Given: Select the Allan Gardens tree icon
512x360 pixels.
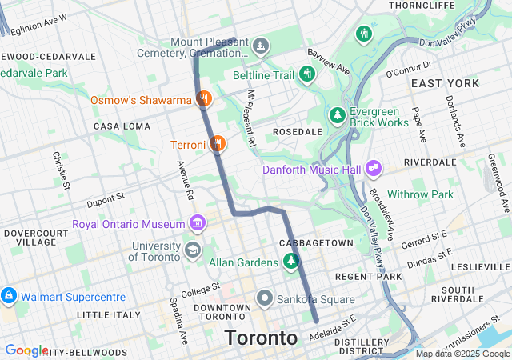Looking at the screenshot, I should (290, 261).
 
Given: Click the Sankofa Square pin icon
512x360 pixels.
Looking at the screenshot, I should (265, 299).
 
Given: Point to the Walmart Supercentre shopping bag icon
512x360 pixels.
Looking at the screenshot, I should (9, 296).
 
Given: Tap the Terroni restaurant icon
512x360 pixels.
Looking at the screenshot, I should (217, 144).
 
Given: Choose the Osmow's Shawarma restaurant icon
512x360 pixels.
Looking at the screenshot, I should (204, 99).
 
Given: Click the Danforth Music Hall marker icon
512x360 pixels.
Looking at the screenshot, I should (373, 168).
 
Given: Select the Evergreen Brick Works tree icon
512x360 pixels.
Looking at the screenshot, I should (338, 116).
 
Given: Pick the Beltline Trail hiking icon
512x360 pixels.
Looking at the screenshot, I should (307, 75).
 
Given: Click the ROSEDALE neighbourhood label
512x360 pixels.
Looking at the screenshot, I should (297, 131).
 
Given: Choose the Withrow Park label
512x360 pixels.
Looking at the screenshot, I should (420, 194).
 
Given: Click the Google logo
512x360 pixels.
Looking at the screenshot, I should (26, 350).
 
